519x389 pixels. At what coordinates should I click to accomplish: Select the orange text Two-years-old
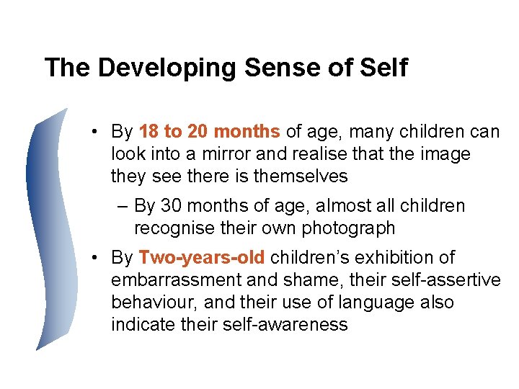[x=202, y=257]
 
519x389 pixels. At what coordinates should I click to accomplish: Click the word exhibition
[x=398, y=257]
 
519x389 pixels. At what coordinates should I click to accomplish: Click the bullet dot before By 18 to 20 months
[x=95, y=133]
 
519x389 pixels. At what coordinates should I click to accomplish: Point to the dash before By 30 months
[x=123, y=207]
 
